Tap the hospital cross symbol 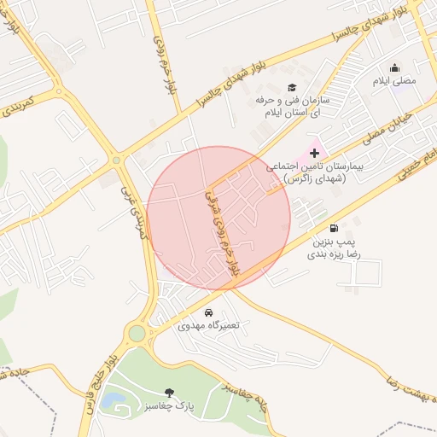click(315, 152)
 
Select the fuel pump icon click(332, 229)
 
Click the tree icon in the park click(169, 393)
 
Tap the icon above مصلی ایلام click(394, 68)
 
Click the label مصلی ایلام click(394, 81)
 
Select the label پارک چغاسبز click(169, 406)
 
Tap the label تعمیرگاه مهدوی click(210, 326)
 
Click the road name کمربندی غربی click(130, 213)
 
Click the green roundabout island click(137, 333)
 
